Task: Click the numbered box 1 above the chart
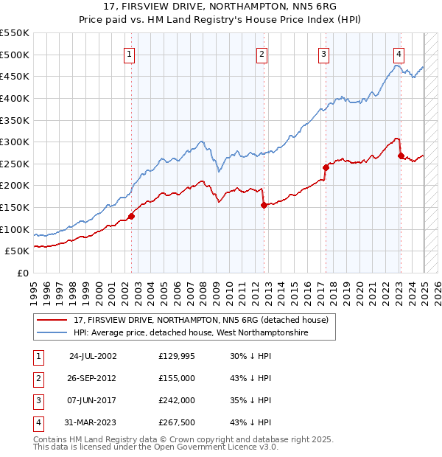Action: coord(130,53)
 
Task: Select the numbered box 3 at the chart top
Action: coord(324,53)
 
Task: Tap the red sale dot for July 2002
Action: coord(132,216)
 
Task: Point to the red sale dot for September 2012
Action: coord(264,205)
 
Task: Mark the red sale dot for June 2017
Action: coord(325,167)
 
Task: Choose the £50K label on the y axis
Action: coord(18,251)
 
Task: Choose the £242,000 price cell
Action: coord(177,400)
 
